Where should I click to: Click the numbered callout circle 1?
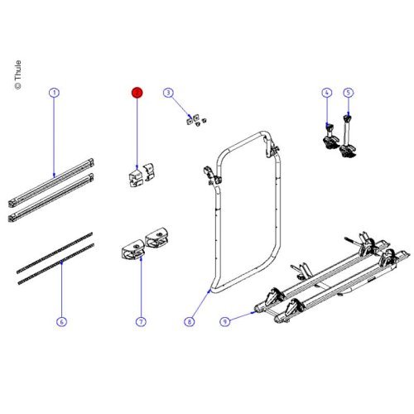point(54,94)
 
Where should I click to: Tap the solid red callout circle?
point(138,94)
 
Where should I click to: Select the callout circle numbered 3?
point(167,94)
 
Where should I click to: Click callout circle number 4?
point(326,94)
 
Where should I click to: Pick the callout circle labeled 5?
point(348,94)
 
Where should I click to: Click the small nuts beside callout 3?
point(195,123)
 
